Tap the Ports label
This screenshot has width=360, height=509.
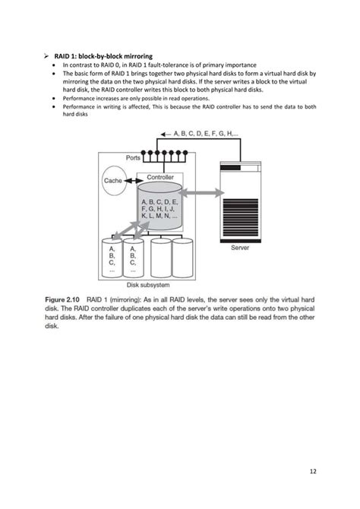[x=133, y=158]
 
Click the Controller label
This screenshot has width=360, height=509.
[x=160, y=177]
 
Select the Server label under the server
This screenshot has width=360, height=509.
[x=240, y=248]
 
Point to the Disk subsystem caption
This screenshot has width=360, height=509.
[x=148, y=285]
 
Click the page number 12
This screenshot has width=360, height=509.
[x=313, y=471]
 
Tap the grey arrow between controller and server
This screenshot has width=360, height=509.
[x=201, y=193]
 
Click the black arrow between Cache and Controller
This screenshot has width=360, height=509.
[x=134, y=181]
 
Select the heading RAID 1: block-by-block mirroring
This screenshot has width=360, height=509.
[x=103, y=56]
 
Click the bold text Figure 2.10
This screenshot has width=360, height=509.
[x=62, y=299]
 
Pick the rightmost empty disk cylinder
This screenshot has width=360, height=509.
[x=182, y=258]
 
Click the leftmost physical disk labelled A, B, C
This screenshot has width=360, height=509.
[x=112, y=258]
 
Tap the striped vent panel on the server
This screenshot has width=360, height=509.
[x=240, y=217]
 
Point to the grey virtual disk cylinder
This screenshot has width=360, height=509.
[x=159, y=206]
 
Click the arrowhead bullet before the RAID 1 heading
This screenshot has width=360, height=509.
[x=46, y=56]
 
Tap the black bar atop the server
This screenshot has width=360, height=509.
[x=230, y=167]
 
